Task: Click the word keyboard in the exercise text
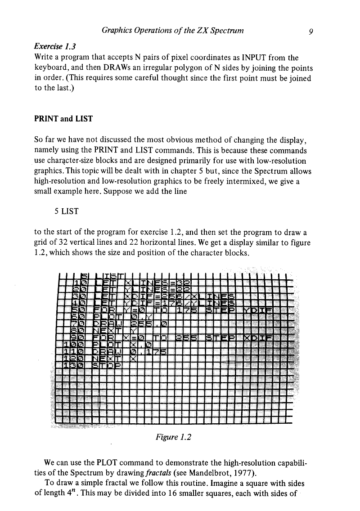52,67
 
